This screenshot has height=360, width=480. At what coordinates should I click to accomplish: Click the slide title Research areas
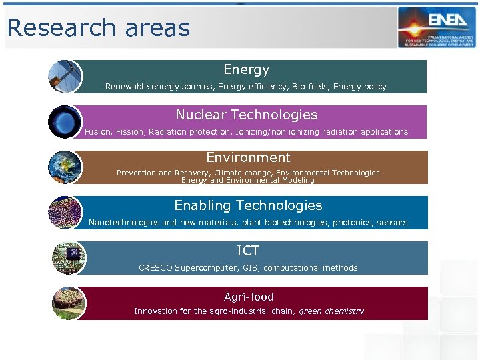[x=99, y=28]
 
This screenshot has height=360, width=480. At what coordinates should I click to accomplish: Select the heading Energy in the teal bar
[x=247, y=69]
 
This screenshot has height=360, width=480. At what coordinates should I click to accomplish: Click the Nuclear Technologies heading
[x=247, y=115]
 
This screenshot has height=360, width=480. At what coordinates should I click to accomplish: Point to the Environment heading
[x=248, y=157]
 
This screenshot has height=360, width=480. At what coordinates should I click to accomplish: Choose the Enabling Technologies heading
[x=248, y=205]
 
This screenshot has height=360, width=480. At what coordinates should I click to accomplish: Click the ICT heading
[x=248, y=251]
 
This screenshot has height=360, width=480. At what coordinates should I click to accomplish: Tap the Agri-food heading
[x=249, y=297]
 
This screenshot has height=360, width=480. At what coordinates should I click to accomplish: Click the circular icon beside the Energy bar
[x=65, y=77]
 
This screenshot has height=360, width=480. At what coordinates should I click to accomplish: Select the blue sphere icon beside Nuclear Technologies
[x=65, y=122]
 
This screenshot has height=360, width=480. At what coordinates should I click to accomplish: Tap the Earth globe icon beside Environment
[x=65, y=167]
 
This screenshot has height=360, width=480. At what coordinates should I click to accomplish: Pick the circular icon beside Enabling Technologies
[x=65, y=213]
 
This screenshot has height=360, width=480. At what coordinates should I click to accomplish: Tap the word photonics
[x=353, y=223]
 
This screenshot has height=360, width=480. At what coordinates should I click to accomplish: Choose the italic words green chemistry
[x=331, y=311]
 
